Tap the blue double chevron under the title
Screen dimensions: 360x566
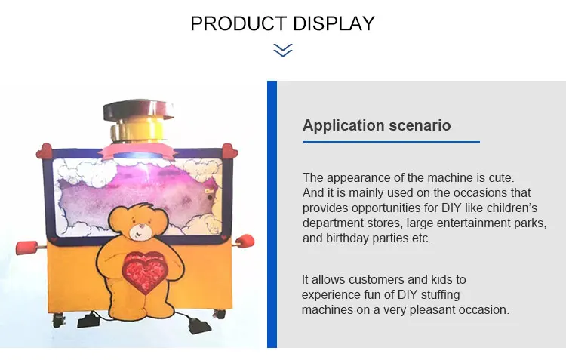[282, 51]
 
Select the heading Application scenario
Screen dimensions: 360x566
[377, 125]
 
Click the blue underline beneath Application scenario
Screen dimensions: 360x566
[391, 142]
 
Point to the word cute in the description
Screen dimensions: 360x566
[498, 178]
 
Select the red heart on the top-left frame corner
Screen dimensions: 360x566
[45, 150]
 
